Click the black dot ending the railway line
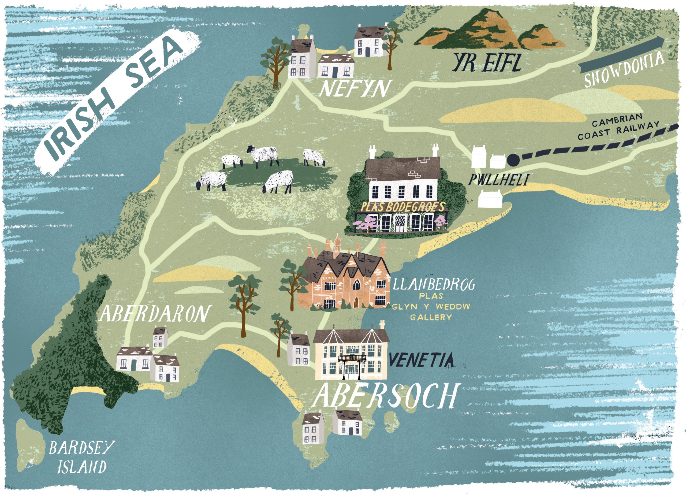(x=513, y=159)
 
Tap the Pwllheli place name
(x=498, y=180)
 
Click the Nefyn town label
(x=354, y=89)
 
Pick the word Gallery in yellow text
(x=431, y=317)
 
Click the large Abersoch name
(x=384, y=396)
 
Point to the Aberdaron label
(x=155, y=313)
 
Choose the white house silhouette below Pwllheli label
(x=490, y=199)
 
